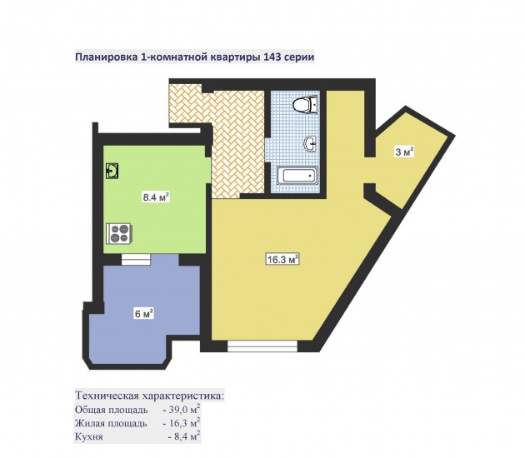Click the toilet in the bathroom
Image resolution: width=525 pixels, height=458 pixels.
305,105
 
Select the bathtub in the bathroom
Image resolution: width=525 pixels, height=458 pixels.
297,176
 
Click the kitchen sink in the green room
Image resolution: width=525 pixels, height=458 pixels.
112,171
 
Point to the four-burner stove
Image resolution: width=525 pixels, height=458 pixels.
119,233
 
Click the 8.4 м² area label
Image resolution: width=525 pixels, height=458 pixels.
156,197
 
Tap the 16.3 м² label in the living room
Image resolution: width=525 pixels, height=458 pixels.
282,259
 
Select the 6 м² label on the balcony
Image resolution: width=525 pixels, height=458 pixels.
144,314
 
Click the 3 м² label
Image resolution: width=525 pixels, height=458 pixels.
404,152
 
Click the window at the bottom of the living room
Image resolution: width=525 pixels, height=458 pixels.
262,346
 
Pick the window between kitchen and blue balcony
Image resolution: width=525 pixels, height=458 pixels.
136,260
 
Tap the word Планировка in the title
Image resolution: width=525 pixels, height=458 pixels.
106,57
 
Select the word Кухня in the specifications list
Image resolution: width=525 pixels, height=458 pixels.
88,436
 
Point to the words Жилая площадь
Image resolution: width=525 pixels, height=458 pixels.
111,424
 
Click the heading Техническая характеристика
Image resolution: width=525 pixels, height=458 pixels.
149,396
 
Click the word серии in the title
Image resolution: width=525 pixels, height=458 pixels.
299,57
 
